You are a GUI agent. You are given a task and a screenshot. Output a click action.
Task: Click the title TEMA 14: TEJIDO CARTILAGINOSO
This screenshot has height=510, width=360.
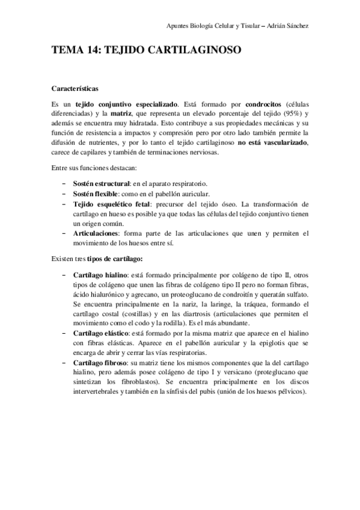click(147, 51)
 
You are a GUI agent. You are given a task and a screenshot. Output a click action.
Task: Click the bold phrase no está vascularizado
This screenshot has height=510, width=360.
click(273, 143)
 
